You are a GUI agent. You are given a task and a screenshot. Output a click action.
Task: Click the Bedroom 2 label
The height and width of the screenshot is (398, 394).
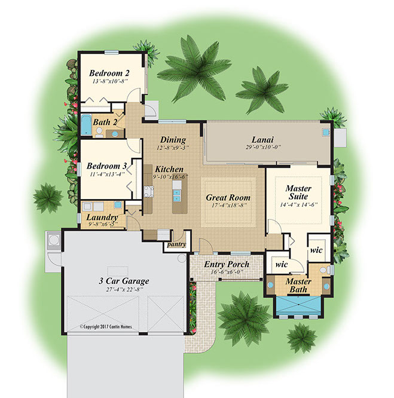point(109,73)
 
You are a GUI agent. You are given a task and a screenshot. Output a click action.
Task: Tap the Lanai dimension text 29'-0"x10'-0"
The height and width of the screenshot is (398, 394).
point(263,147)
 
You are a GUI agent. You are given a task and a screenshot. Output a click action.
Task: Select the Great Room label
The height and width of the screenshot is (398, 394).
point(228,197)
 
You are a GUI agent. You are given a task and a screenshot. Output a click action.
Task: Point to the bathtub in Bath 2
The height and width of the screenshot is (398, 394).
point(86,125)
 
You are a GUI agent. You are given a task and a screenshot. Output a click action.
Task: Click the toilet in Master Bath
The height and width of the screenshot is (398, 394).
point(325,270)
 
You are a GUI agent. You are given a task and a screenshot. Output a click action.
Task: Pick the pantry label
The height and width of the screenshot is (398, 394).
point(177,244)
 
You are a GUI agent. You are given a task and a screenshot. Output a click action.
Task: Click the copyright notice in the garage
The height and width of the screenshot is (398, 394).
point(106,327)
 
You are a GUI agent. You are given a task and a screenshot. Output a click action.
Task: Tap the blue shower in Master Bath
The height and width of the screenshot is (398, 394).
point(298,305)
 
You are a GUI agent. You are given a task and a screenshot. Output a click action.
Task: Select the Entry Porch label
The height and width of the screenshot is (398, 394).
point(227,264)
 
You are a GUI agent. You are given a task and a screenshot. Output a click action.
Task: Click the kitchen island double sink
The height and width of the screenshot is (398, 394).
point(177,195)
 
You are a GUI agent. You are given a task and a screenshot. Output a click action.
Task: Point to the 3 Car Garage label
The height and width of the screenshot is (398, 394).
point(124,281)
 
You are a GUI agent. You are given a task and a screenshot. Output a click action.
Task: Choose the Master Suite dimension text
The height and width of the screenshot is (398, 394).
point(299,204)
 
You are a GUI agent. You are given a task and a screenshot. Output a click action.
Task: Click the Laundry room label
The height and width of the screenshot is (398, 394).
point(102,218)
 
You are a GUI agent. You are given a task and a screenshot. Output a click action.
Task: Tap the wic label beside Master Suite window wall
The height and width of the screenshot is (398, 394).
point(316,250)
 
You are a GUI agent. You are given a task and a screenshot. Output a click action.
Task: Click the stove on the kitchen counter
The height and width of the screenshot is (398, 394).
point(149,191)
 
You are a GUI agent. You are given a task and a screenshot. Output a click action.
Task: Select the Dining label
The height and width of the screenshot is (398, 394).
point(173,140)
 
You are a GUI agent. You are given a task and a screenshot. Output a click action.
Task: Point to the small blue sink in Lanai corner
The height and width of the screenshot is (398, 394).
point(326,131)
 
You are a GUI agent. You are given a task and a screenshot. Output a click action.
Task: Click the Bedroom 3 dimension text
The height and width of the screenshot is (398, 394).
point(107,174)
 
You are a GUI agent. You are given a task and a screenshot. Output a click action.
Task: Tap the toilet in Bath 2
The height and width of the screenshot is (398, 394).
point(99,132)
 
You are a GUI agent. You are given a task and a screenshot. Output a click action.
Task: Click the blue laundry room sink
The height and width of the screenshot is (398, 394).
point(118,204)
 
